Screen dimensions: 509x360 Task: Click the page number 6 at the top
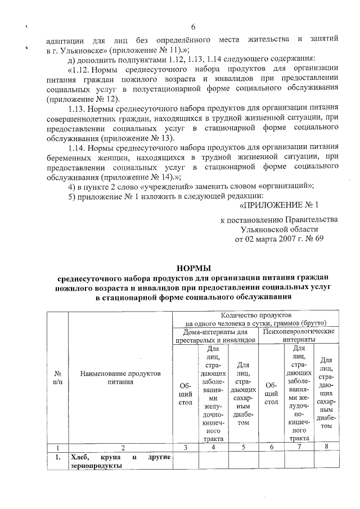point(193,27)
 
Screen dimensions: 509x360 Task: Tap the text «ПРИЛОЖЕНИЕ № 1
point(280,205)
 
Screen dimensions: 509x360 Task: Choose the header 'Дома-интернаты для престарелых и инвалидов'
point(215,336)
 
